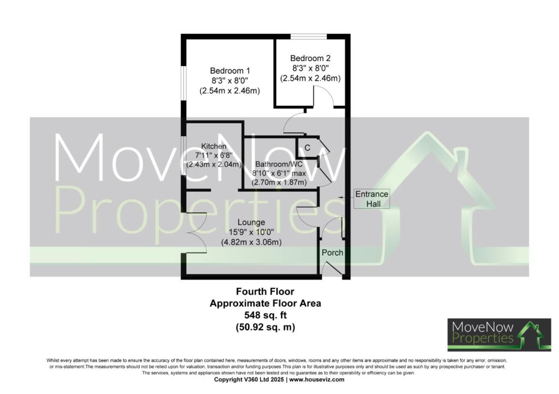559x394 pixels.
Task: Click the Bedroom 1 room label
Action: coord(230,71)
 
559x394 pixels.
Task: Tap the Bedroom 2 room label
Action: coord(310,58)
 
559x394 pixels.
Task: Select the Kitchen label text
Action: coord(213,146)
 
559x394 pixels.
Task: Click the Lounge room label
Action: coord(251,222)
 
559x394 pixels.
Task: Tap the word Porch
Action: coord(332,253)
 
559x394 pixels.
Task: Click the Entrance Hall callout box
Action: coord(372,199)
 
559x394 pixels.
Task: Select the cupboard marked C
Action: coord(307,148)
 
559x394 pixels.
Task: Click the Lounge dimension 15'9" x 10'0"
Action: coord(251,232)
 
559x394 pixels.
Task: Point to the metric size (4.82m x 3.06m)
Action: coord(251,242)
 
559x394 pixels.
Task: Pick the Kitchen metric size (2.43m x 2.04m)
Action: coord(213,165)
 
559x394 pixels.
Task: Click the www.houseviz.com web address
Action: coord(317,379)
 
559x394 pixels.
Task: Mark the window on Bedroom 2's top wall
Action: coord(309,37)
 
